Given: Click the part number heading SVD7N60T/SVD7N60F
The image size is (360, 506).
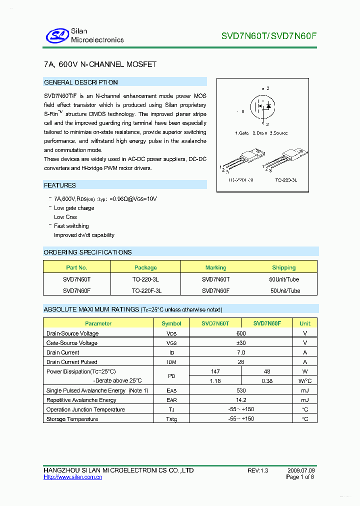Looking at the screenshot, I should [269, 36].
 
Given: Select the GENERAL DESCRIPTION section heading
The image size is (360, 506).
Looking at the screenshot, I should [81, 82].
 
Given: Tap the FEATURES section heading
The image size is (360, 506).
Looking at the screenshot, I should [60, 185].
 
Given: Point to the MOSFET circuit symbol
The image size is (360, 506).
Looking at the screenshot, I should [263, 106].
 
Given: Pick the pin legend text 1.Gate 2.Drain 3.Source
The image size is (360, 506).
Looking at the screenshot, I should [261, 133].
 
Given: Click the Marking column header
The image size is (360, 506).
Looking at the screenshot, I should [215, 267].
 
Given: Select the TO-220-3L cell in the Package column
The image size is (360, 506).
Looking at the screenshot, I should [145, 279].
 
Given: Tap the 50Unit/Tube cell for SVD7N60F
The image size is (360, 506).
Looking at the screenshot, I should [285, 290].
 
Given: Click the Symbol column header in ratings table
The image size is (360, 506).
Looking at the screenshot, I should [171, 323].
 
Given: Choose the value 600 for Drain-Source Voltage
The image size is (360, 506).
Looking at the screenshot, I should [241, 333].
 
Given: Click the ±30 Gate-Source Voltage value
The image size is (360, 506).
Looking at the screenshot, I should [241, 343].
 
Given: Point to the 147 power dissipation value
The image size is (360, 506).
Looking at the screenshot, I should [215, 371].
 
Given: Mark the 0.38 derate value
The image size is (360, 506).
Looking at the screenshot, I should [267, 381].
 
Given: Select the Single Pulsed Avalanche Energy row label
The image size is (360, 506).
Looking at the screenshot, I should [97, 390].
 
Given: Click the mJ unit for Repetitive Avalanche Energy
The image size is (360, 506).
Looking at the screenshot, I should [305, 400].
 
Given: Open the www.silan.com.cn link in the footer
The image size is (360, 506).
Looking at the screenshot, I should [73, 477].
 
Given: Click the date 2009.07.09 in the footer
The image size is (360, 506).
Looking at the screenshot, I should [301, 470].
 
